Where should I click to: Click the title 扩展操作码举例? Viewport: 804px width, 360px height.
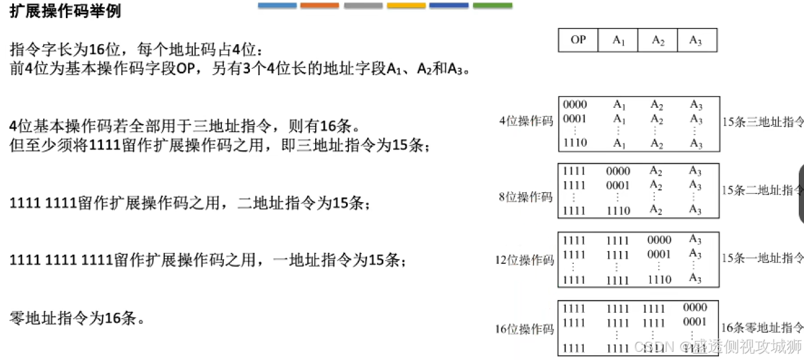coord(65,12)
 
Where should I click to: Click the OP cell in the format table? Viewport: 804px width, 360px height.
coord(578,40)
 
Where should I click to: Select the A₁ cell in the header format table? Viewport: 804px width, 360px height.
coord(618,40)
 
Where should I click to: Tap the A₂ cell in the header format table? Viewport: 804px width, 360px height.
coord(658,40)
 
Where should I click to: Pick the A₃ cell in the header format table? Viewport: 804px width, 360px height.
coord(696,40)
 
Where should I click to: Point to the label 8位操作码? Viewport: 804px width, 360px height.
coord(526,197)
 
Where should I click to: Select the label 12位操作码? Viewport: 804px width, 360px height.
coord(524,260)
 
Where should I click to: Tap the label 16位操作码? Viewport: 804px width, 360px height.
coord(524,329)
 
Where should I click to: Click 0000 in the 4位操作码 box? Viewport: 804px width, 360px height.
coord(575,105)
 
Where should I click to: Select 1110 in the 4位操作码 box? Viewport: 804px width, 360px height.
coord(575,143)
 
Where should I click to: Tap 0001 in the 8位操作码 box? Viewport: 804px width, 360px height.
coord(618,185)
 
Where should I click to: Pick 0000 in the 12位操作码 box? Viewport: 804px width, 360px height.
coord(659,240)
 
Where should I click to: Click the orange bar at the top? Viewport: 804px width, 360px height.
coord(319,5)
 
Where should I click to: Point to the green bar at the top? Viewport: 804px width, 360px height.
coord(492,5)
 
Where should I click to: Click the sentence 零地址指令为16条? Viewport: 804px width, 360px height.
coord(77,319)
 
